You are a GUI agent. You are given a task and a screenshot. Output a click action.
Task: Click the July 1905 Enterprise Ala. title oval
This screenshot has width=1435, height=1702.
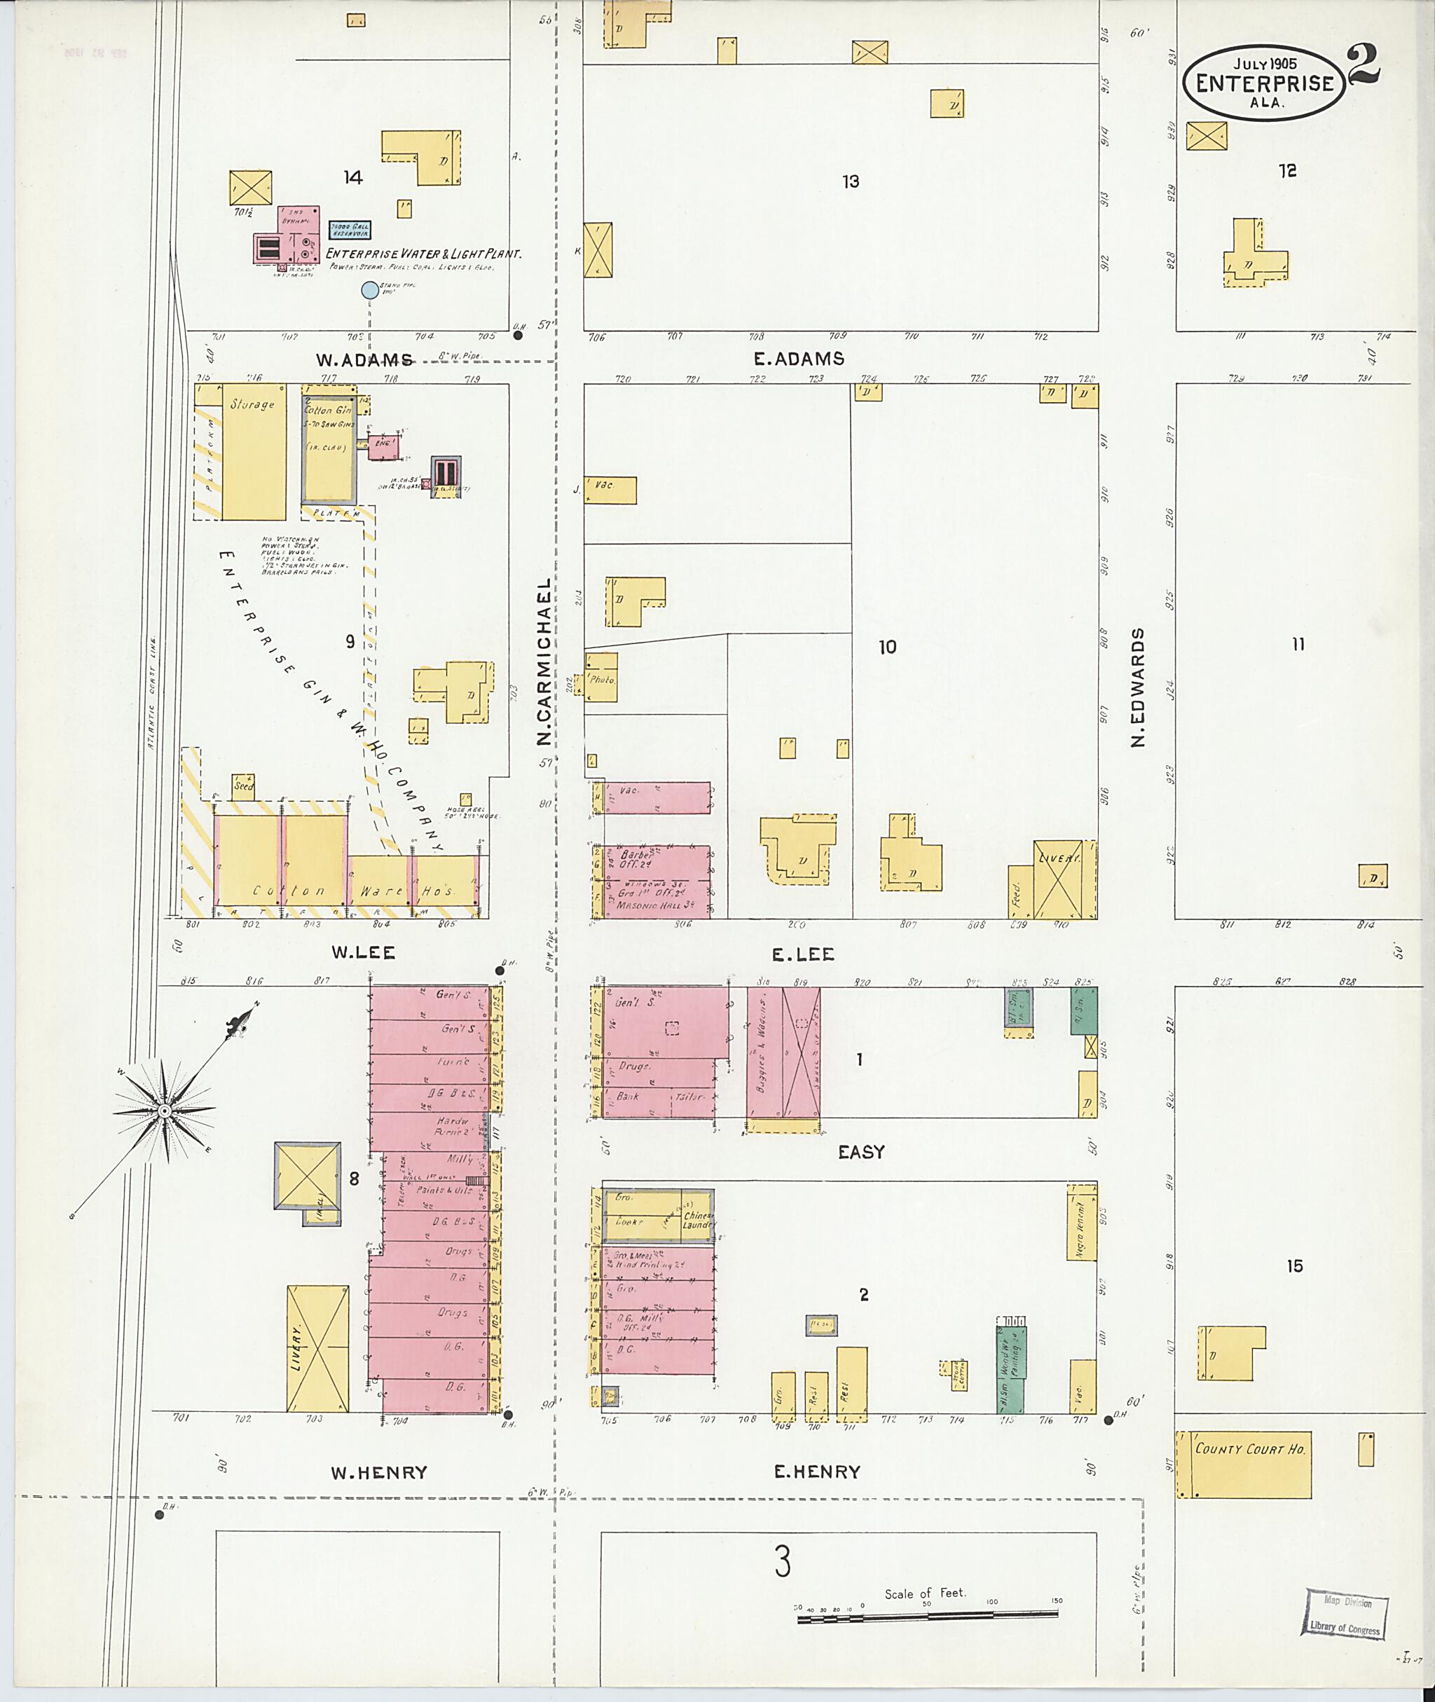point(1263,83)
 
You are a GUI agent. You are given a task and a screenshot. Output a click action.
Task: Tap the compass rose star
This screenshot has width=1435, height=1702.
point(165,1111)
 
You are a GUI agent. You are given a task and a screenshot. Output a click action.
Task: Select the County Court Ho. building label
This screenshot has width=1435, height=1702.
point(1249,1449)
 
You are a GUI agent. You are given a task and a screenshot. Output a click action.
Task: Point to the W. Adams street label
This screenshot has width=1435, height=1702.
point(364,359)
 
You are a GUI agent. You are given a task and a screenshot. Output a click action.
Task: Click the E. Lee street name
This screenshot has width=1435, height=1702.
point(803,954)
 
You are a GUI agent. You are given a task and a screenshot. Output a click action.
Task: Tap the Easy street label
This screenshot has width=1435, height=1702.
point(860,1152)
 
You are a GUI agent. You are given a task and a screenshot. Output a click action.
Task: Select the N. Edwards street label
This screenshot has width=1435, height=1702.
point(1138,687)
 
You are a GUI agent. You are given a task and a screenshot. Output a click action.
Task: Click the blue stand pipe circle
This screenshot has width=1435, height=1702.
point(369,289)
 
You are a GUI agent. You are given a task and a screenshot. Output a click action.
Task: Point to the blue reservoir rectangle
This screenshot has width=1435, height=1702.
point(350,231)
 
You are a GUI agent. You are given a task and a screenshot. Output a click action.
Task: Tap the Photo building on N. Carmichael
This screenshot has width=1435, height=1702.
point(602,678)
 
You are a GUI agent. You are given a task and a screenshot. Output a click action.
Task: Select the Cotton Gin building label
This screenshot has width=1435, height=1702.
point(328,410)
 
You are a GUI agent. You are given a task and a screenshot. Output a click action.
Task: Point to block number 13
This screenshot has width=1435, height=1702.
point(850,181)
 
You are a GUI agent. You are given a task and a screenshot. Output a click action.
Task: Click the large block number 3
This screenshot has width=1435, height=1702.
point(782,1562)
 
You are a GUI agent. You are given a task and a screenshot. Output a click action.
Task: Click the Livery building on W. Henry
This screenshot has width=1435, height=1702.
point(317,1348)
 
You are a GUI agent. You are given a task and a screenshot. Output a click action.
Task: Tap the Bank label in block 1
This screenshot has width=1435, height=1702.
point(627,1096)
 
